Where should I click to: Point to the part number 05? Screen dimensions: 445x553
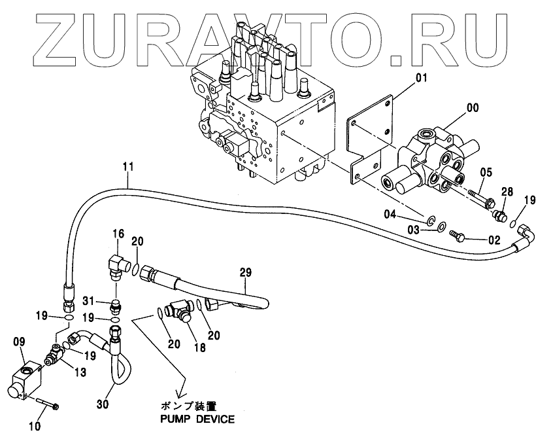[x=485, y=173]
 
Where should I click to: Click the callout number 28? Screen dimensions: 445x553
[x=508, y=192]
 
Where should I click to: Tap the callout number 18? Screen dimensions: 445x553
[x=200, y=347]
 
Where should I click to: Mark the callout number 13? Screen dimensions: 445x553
[x=79, y=372]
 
